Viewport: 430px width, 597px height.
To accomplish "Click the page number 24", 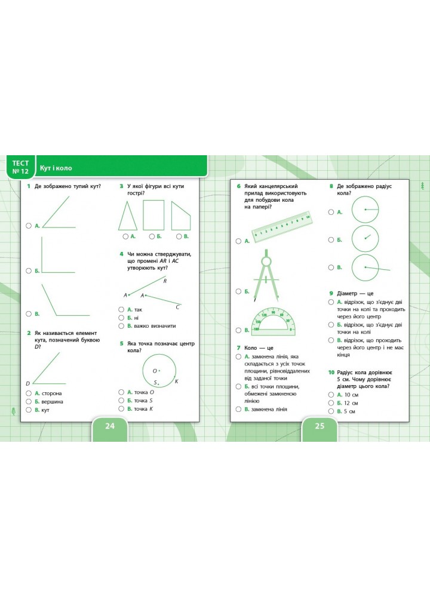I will click(109, 426).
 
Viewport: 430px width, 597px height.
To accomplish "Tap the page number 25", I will click(320, 426).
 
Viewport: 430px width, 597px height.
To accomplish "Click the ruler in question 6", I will click(282, 226).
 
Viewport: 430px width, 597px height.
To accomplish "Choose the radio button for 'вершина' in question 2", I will click(28, 401).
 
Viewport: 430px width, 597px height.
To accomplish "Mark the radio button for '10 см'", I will click(331, 395).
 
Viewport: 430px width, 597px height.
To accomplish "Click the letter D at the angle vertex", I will click(27, 383).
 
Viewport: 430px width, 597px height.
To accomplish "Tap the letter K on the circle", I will click(176, 381).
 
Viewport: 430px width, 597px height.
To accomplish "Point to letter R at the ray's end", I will click(165, 281).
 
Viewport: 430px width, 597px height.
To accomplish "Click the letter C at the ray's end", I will click(177, 307).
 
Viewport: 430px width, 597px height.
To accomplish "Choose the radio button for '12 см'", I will click(331, 403).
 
